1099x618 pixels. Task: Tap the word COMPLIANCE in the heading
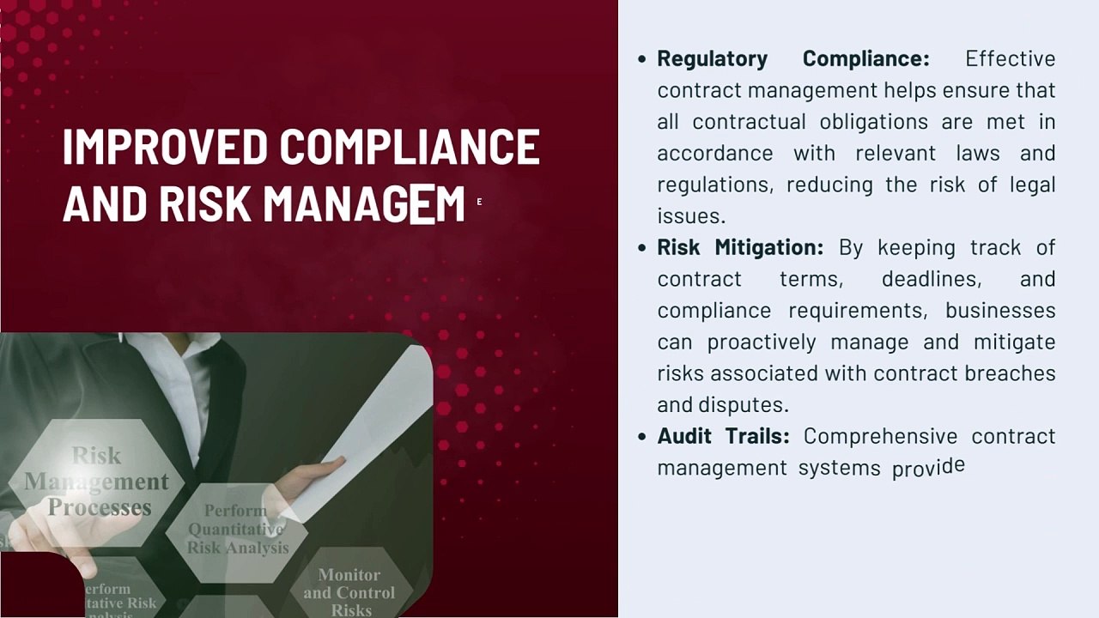[x=410, y=148]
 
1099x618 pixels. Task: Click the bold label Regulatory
[x=712, y=58]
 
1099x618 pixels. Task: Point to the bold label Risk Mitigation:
[x=739, y=247]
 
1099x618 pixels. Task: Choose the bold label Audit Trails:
[x=723, y=436]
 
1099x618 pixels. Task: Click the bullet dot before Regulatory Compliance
[x=642, y=58]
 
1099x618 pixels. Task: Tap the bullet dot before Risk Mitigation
[x=642, y=247]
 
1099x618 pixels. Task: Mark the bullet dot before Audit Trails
[x=642, y=436]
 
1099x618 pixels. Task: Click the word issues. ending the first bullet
[x=691, y=215]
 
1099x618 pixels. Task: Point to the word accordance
[x=714, y=153]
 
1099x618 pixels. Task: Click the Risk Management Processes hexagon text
[x=97, y=482]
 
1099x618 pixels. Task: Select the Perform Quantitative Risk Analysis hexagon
[x=237, y=529]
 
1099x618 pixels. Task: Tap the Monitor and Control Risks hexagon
[x=349, y=591]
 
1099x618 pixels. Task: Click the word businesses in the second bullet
[x=1000, y=310]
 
